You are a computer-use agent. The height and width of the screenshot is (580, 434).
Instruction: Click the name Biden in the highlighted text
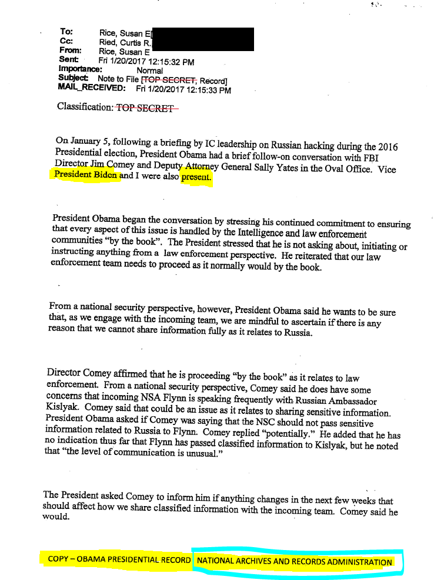tap(106, 175)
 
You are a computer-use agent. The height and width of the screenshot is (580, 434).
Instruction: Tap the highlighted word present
tap(196, 176)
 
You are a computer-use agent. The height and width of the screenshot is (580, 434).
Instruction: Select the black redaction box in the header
tap(203, 38)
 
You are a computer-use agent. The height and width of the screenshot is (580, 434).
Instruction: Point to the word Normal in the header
tap(150, 70)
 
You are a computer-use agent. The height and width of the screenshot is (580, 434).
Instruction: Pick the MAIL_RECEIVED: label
tap(92, 88)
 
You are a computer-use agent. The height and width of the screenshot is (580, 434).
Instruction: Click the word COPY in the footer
tap(58, 559)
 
